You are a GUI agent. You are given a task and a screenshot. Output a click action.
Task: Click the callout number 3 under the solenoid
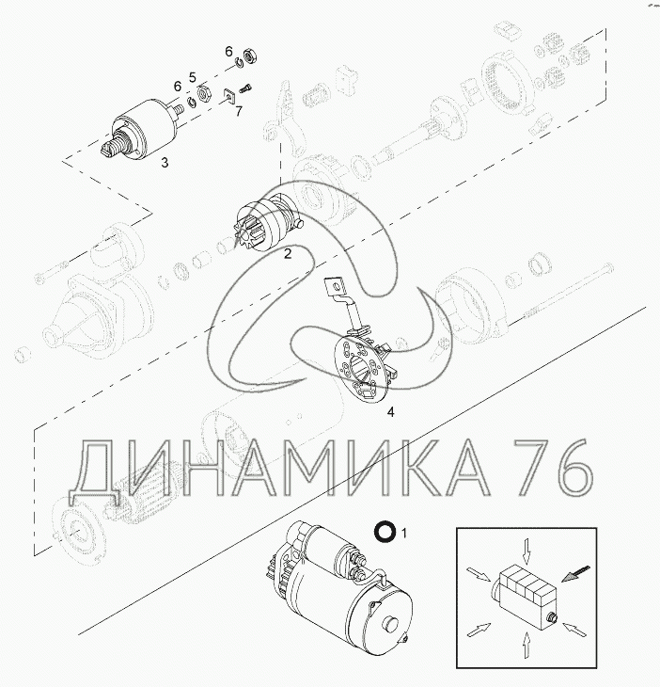pyautogui.click(x=165, y=163)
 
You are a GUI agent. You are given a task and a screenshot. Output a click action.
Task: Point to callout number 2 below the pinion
pyautogui.click(x=288, y=254)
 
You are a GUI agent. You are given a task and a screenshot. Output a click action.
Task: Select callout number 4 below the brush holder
pyautogui.click(x=391, y=412)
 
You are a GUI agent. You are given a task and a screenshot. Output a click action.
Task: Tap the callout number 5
pyautogui.click(x=193, y=77)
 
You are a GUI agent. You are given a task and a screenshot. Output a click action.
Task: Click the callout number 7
pyautogui.click(x=239, y=111)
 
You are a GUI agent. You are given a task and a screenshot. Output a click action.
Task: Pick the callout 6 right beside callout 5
pyautogui.click(x=178, y=87)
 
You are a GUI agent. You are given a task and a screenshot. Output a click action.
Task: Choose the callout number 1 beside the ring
pyautogui.click(x=404, y=534)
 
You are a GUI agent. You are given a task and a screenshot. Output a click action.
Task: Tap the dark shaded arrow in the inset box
pyautogui.click(x=575, y=573)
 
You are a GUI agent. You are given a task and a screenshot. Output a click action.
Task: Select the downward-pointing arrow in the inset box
pyautogui.click(x=526, y=551)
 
